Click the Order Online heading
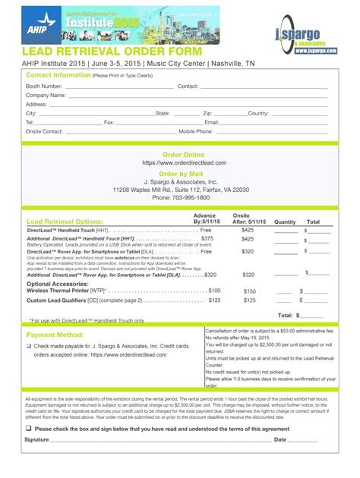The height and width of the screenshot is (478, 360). pyautogui.click(x=183, y=155)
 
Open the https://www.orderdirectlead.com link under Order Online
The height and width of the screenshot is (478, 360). pyautogui.click(x=183, y=163)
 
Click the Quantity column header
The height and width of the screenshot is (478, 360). pyautogui.click(x=285, y=222)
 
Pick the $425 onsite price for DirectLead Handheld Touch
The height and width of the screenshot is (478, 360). pyautogui.click(x=248, y=229)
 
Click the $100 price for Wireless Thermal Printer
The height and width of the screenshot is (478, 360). pyautogui.click(x=214, y=291)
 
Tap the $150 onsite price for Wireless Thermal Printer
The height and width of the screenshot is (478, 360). pyautogui.click(x=249, y=291)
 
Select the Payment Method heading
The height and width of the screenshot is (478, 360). pyautogui.click(x=55, y=335)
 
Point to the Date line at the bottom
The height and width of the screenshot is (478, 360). pyautogui.click(x=303, y=441)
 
